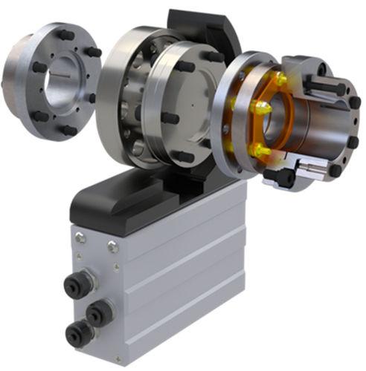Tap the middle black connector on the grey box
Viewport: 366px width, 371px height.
pyautogui.click(x=98, y=312)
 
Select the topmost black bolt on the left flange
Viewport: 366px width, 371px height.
pyautogui.click(x=64, y=34)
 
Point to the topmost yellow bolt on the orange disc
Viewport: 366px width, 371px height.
pyautogui.click(x=281, y=79)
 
